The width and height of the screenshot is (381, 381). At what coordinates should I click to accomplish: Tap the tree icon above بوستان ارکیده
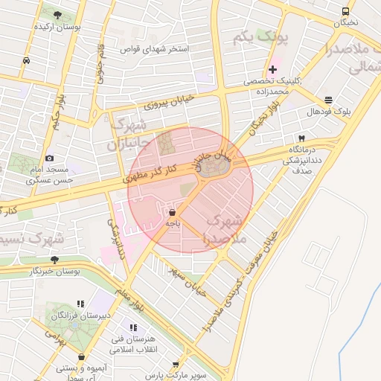[58, 14]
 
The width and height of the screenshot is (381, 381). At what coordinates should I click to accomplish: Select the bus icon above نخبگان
[345, 11]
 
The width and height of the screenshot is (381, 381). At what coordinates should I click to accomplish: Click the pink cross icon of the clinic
[272, 69]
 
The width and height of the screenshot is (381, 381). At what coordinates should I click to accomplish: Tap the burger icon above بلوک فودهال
[329, 100]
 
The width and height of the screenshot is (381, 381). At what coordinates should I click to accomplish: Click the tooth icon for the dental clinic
[301, 139]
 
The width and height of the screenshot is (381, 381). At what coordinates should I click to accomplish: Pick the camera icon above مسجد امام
[50, 158]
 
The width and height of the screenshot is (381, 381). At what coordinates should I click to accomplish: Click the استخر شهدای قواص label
[155, 49]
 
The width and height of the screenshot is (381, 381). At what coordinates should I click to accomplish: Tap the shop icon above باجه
[173, 212]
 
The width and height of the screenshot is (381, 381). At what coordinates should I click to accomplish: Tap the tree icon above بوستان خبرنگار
[54, 260]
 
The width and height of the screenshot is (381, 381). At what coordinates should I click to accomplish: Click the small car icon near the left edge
[26, 60]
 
